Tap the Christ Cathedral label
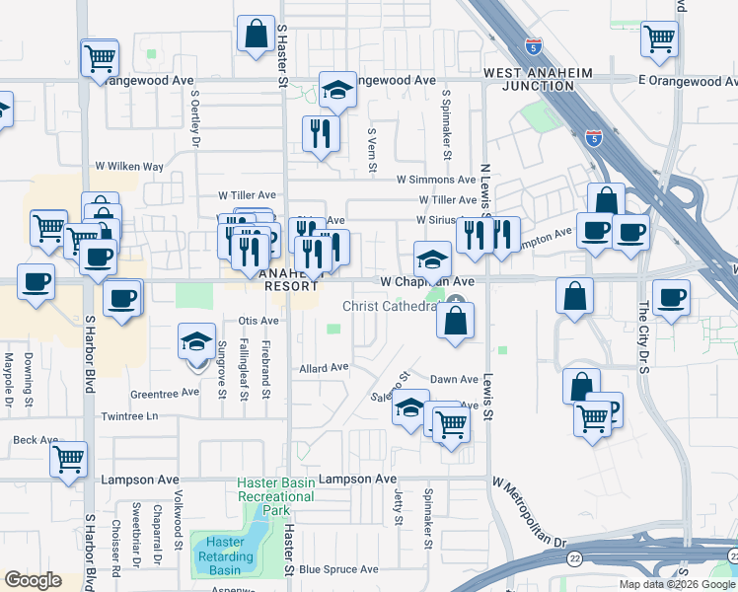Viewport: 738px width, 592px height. tap(389, 306)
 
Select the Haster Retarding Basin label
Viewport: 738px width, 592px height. tap(226, 555)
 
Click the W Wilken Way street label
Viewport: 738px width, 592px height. tap(128, 167)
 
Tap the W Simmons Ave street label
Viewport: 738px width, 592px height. tap(436, 180)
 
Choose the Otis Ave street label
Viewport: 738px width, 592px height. tap(259, 321)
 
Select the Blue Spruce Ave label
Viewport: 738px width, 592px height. tap(338, 569)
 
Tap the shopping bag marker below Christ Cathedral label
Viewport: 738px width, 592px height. tap(455, 321)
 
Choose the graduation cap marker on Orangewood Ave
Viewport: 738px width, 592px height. tap(337, 90)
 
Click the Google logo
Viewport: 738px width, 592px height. tap(33, 580)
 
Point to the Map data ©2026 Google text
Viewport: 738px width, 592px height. tap(677, 584)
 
